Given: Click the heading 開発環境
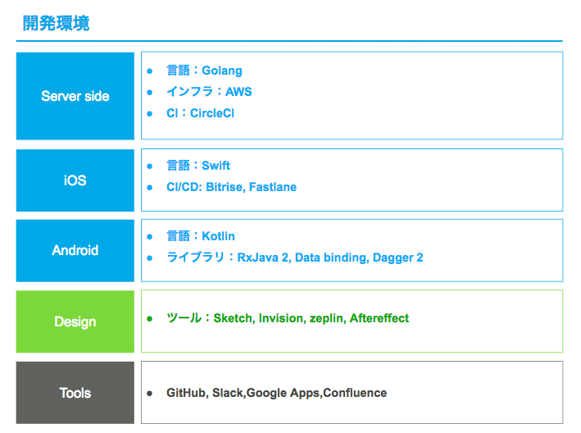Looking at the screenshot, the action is pos(56,23).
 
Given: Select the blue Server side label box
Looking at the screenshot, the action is pos(75,96).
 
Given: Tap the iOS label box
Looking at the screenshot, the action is pos(75,180).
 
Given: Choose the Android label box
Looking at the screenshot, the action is pos(75,251).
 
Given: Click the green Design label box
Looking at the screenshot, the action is pos(75,321).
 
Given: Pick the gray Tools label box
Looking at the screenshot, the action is pos(75,393).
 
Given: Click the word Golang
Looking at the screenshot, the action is pos(222,71).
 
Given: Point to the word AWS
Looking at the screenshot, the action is pos(238,92).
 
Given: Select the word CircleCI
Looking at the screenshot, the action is pos(212,113).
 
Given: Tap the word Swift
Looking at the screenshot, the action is pos(216,166).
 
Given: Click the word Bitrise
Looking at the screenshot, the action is pos(225,187).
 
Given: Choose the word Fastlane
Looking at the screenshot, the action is pos(273,187).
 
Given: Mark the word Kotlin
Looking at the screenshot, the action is pos(218,236).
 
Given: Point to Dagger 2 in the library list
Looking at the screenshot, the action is pos(398,258).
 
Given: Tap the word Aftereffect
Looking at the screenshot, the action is pos(379,318).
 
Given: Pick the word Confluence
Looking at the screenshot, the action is pos(355,393).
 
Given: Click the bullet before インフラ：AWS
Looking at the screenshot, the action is pos(150,92).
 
